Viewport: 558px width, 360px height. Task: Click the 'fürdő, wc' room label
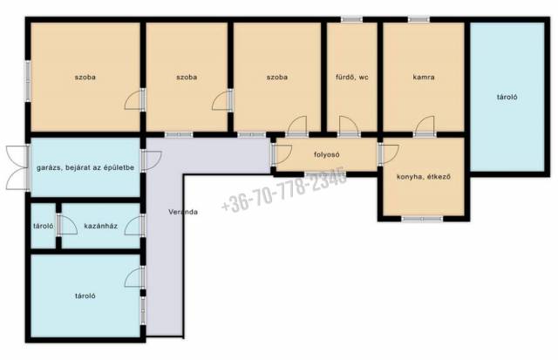(352, 78)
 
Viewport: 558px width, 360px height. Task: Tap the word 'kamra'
(424, 77)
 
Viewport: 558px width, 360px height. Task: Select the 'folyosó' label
(327, 155)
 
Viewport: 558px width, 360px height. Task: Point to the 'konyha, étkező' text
(424, 176)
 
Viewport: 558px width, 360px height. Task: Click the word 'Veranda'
(183, 212)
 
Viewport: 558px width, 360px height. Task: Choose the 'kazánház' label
(101, 226)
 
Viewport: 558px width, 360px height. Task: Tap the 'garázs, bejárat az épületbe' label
(85, 167)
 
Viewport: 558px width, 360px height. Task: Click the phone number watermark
(283, 189)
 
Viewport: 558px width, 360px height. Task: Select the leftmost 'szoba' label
(85, 78)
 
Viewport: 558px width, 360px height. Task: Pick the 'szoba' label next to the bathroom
(277, 78)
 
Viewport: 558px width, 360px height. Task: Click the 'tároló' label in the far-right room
(507, 97)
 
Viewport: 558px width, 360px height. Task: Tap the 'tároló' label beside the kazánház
(43, 226)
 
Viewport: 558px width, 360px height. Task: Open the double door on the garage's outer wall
(17, 167)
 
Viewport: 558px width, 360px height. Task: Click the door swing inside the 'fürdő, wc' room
(348, 125)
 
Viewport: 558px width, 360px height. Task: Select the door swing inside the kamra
(425, 125)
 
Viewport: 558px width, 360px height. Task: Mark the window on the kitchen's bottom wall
(422, 219)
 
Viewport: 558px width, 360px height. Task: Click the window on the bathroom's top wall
(351, 19)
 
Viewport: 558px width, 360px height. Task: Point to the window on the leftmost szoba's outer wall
(28, 81)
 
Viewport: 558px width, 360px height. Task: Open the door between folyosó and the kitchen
(388, 155)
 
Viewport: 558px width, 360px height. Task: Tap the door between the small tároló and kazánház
(67, 225)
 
